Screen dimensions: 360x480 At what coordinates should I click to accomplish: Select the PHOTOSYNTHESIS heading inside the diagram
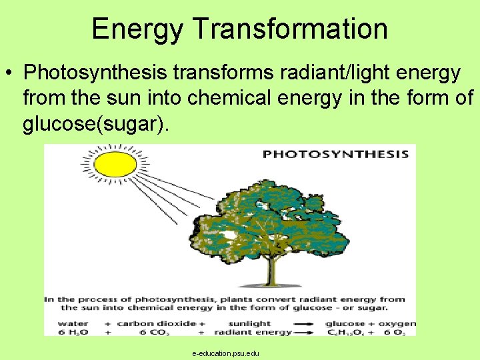335,155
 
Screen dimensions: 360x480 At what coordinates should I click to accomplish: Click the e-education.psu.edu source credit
225,353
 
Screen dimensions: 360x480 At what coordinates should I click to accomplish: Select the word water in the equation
59,323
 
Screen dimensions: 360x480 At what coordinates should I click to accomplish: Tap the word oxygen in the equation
399,323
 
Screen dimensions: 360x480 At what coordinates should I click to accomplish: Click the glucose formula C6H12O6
346,332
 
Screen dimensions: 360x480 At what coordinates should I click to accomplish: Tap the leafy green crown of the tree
273,213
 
